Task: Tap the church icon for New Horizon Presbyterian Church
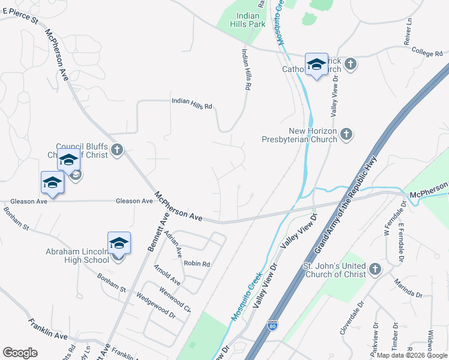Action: [346, 134]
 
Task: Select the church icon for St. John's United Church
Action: [375, 269]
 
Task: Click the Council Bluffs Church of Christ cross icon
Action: [117, 150]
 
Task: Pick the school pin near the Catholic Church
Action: [316, 65]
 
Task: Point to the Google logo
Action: [20, 353]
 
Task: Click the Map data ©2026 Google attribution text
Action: [412, 355]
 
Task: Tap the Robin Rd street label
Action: [197, 263]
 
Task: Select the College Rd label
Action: [427, 53]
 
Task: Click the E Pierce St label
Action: [19, 18]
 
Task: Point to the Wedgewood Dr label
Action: [155, 305]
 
